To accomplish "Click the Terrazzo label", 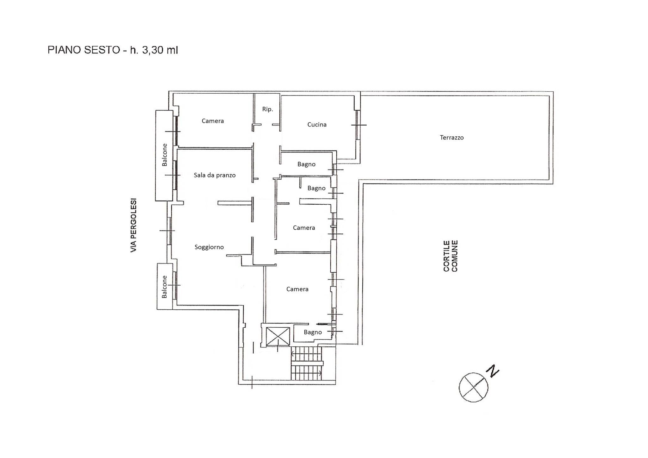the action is pos(452,138).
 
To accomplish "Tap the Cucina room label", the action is pos(317,125).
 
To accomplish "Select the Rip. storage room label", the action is pos(267,109).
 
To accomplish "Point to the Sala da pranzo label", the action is pos(215,175).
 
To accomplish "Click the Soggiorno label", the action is pos(209,247).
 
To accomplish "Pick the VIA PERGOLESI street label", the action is pos(134,225).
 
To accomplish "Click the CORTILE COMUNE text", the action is pos(451,256).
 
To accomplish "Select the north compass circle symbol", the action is pos(473,387).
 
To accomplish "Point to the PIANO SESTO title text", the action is pos(84,50).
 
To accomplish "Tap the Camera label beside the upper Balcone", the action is pos(213,121).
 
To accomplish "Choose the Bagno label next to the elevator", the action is pos(313,332).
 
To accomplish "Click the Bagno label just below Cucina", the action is pos(306,164).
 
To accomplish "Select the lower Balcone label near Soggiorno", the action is pos(165,287).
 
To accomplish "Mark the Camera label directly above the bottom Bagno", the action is pos(297,289).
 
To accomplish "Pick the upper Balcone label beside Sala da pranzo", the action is pos(165,155).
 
